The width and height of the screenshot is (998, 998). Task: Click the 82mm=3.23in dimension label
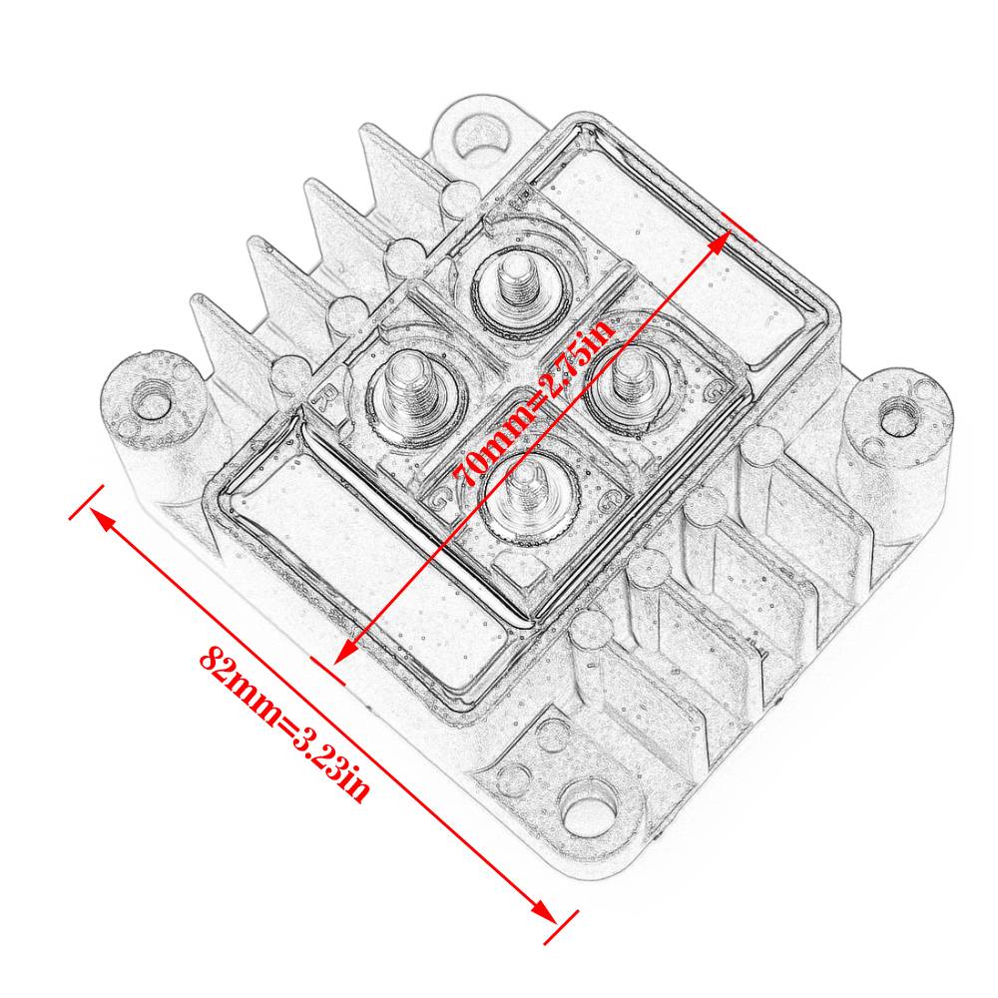(x=283, y=725)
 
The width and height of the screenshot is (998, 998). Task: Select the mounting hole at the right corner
(x=897, y=420)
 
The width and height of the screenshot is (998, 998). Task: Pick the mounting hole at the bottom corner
(x=588, y=808)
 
